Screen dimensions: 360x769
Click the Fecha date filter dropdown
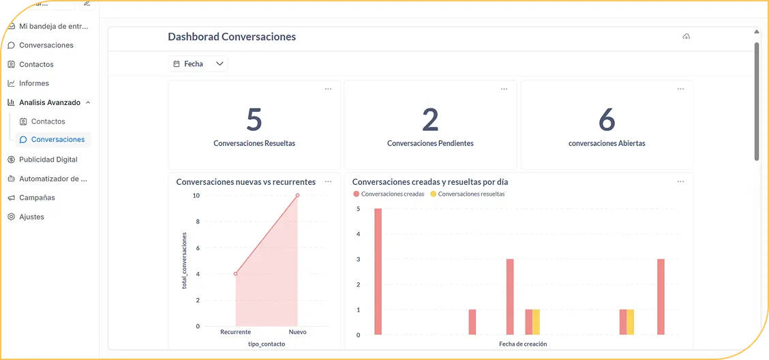(x=198, y=64)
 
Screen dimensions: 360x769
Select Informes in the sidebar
(x=34, y=83)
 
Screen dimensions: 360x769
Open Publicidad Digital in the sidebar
(x=48, y=160)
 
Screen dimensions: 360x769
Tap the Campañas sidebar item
(x=37, y=198)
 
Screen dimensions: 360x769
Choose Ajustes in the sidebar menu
(x=31, y=217)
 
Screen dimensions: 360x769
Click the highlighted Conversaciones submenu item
(x=58, y=140)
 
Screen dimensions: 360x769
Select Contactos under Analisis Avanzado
(x=48, y=121)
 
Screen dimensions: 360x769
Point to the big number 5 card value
(x=254, y=120)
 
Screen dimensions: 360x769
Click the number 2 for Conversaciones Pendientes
(x=430, y=120)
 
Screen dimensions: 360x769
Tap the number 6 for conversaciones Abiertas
(x=607, y=120)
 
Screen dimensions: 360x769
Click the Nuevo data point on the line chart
(x=297, y=196)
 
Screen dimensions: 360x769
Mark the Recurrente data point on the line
(x=235, y=274)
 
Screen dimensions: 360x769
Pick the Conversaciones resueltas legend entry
(x=470, y=194)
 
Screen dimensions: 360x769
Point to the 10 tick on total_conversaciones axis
(x=196, y=196)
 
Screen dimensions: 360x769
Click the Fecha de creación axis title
(x=523, y=344)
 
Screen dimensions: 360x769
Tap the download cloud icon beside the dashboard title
(x=686, y=37)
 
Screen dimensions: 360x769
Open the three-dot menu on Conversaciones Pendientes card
(x=504, y=89)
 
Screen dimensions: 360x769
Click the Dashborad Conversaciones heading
(x=232, y=37)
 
